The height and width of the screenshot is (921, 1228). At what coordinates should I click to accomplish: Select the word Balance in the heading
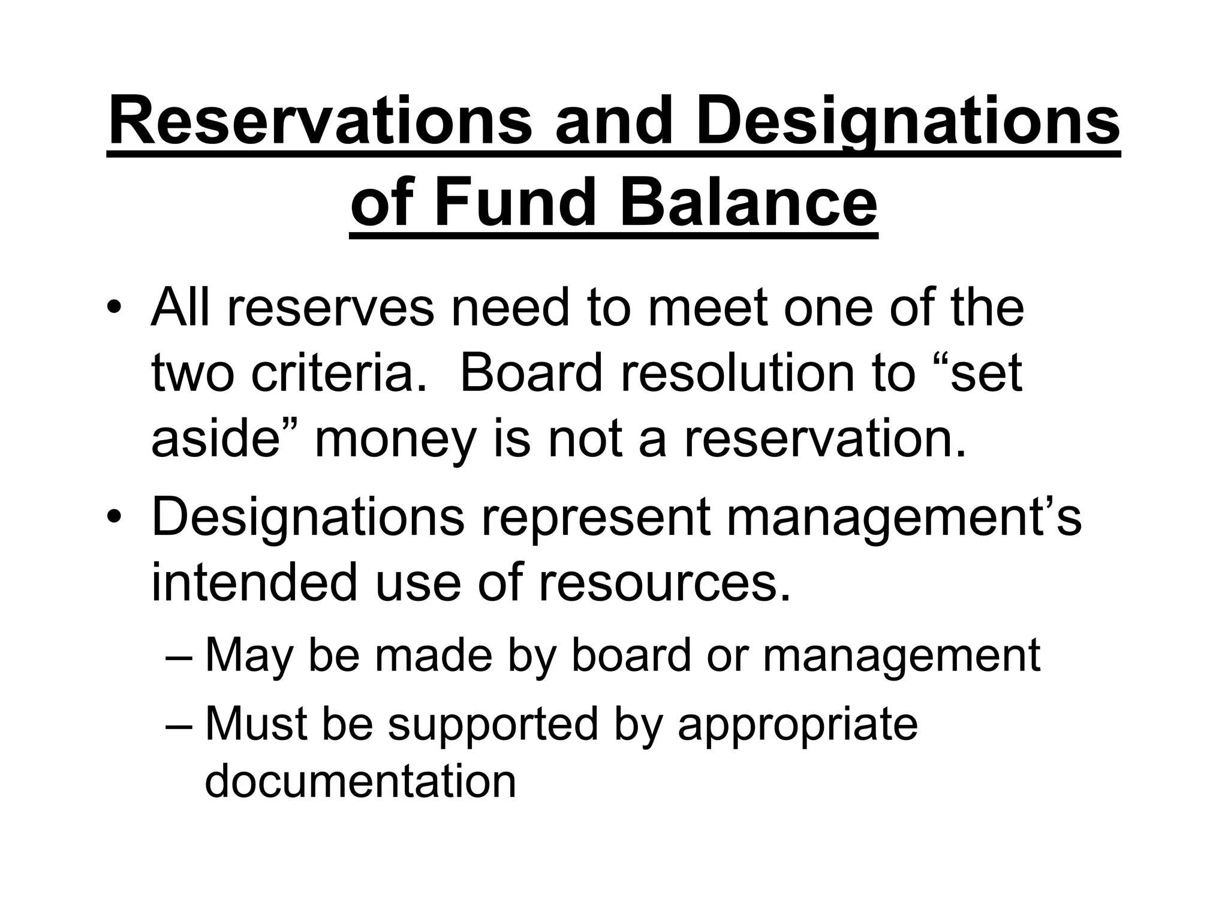click(x=748, y=203)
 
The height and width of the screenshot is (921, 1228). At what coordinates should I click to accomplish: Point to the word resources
click(x=665, y=583)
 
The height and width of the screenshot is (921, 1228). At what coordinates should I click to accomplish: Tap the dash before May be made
click(x=179, y=657)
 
